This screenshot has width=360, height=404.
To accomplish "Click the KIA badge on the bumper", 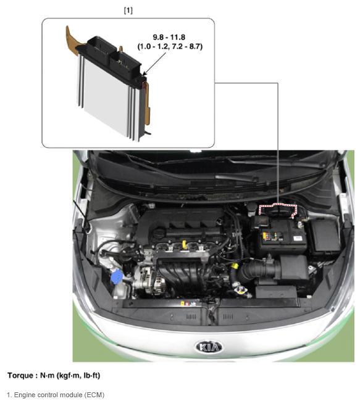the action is click(x=209, y=347).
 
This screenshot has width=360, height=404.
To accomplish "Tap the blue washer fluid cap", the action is click(x=117, y=276).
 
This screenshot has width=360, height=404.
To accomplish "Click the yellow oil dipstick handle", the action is click(x=184, y=244).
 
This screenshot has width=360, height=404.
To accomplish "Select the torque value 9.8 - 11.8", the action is click(x=169, y=38).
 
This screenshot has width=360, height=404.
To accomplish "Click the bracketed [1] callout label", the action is click(x=128, y=10).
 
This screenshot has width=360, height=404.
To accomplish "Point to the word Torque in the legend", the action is click(x=20, y=376).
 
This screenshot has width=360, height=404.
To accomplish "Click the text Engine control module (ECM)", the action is click(x=59, y=395).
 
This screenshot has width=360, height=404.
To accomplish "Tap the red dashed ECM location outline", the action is click(x=278, y=205).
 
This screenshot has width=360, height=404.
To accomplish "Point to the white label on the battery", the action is click(x=298, y=238).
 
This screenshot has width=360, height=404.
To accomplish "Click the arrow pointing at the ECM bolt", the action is click(x=154, y=64).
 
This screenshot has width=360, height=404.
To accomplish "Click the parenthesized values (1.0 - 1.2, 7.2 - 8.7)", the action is click(x=170, y=47).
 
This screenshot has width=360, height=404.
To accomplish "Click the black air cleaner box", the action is click(x=294, y=268).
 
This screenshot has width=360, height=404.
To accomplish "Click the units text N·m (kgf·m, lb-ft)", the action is click(x=70, y=376).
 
